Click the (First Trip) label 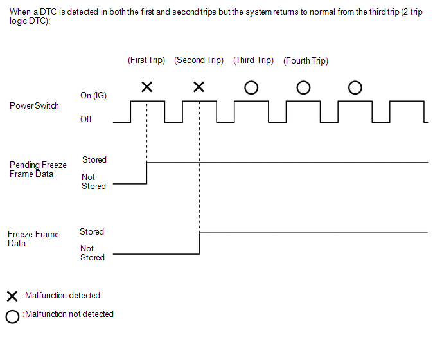(x=146, y=60)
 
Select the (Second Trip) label (x=199, y=60)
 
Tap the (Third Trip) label (x=253, y=60)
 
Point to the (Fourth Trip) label (x=305, y=61)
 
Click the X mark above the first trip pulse (x=146, y=87)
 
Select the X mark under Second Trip (x=199, y=87)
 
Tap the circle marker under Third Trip (x=251, y=87)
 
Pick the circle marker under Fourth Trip (x=303, y=87)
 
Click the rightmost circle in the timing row (x=355, y=87)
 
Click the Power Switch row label (x=34, y=106)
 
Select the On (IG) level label (x=93, y=95)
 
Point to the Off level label (x=86, y=119)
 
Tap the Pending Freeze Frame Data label (x=38, y=170)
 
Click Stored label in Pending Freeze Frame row (x=94, y=159)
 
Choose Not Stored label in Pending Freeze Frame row (x=93, y=181)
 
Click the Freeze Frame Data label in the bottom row (x=33, y=239)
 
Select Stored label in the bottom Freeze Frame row (x=92, y=231)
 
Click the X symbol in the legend (x=12, y=296)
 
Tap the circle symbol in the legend (x=12, y=316)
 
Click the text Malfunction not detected (x=68, y=314)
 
